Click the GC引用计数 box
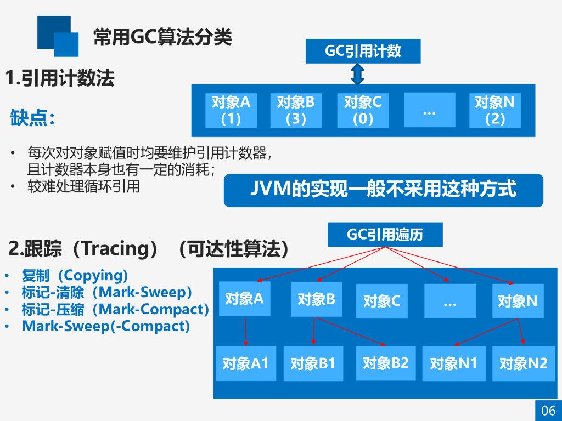363,52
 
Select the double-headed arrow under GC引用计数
358,74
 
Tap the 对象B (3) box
295,110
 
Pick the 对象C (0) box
362,110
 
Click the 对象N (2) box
494,110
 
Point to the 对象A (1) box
231,110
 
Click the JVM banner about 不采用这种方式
383,190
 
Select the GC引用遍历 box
385,235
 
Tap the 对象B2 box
386,363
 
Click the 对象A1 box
245,363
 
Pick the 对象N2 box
523,363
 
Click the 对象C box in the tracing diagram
381,301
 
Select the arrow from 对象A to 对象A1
245,331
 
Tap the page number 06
548,410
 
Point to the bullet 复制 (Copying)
75,275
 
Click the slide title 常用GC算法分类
162,37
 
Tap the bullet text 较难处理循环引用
84,186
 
